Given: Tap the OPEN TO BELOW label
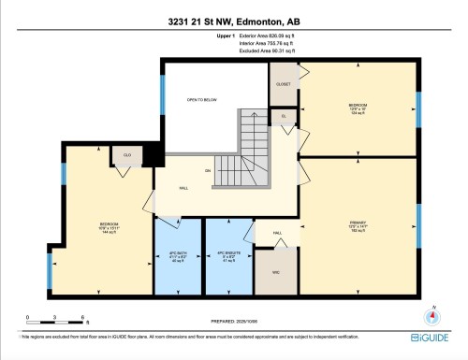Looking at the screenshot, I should [202, 98].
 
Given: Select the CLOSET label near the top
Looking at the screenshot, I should [283, 83].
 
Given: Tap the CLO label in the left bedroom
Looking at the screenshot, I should [125, 155].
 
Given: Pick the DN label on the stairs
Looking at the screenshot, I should [220, 170].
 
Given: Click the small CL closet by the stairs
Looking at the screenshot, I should [284, 116].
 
